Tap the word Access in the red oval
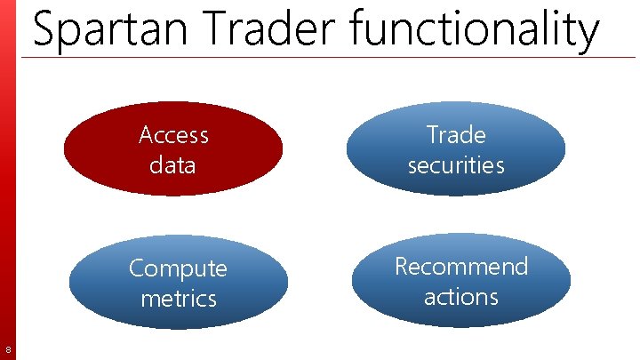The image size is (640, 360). click(x=174, y=135)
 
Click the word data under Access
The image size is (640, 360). click(x=173, y=164)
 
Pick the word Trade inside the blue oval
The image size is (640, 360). click(x=456, y=135)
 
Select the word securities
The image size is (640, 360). click(x=456, y=164)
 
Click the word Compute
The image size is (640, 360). click(x=178, y=268)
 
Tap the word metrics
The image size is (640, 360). click(x=178, y=298)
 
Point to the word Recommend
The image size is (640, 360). click(x=461, y=267)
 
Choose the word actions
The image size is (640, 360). click(x=460, y=296)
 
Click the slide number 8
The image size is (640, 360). click(x=8, y=348)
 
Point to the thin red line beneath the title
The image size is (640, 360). click(x=356, y=58)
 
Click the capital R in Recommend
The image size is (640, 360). click(x=402, y=267)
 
